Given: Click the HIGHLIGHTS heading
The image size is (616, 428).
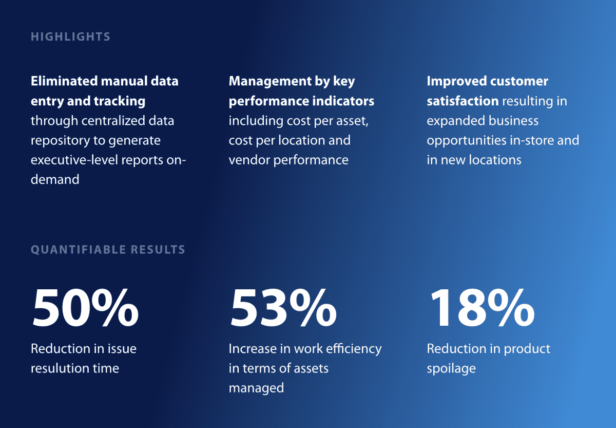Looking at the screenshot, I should pos(71,37).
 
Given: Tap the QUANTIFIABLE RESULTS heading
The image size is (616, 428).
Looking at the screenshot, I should pos(108,250).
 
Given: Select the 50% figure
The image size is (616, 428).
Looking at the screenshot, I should pos(85,308).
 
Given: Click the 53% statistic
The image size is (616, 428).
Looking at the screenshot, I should pos(283,308).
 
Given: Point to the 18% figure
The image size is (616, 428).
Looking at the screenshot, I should pos(481,308).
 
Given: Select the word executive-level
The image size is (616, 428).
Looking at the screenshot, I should pos(74,160).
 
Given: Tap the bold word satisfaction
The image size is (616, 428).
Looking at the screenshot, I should pos(463,101).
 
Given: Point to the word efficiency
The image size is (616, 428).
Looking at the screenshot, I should pos(355,349).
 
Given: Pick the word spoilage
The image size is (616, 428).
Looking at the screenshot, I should pos(451,368).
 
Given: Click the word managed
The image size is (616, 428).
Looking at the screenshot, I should pos(256,388).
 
